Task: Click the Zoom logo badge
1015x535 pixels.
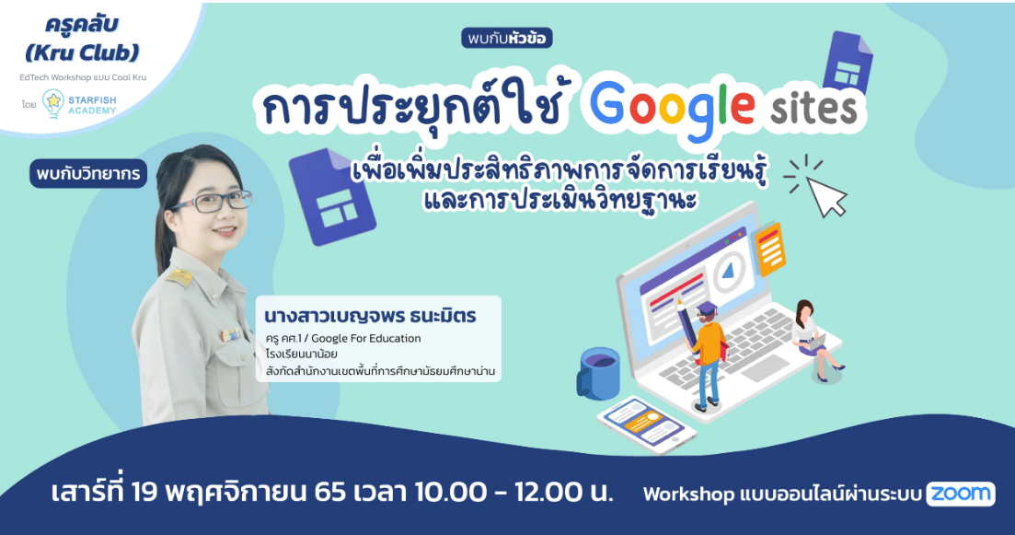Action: tap(961, 494)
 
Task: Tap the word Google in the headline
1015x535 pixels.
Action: tap(673, 109)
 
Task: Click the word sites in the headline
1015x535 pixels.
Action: tap(814, 109)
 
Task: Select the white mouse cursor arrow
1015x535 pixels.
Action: tap(826, 196)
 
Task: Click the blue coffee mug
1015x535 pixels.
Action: tap(597, 374)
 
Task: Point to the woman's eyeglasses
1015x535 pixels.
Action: tap(211, 202)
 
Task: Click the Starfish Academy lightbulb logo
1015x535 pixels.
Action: tap(53, 104)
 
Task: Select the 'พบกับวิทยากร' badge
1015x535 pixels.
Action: tap(88, 174)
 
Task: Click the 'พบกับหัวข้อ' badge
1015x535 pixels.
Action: tap(507, 39)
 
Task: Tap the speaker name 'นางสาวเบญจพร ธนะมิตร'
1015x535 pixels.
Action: tap(370, 316)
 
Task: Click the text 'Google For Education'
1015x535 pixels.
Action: tap(365, 338)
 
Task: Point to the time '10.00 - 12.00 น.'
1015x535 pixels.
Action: tap(513, 493)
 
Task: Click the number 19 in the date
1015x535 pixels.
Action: tap(144, 493)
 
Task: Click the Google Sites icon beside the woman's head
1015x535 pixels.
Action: tap(333, 198)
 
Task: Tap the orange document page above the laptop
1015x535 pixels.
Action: tap(769, 248)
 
